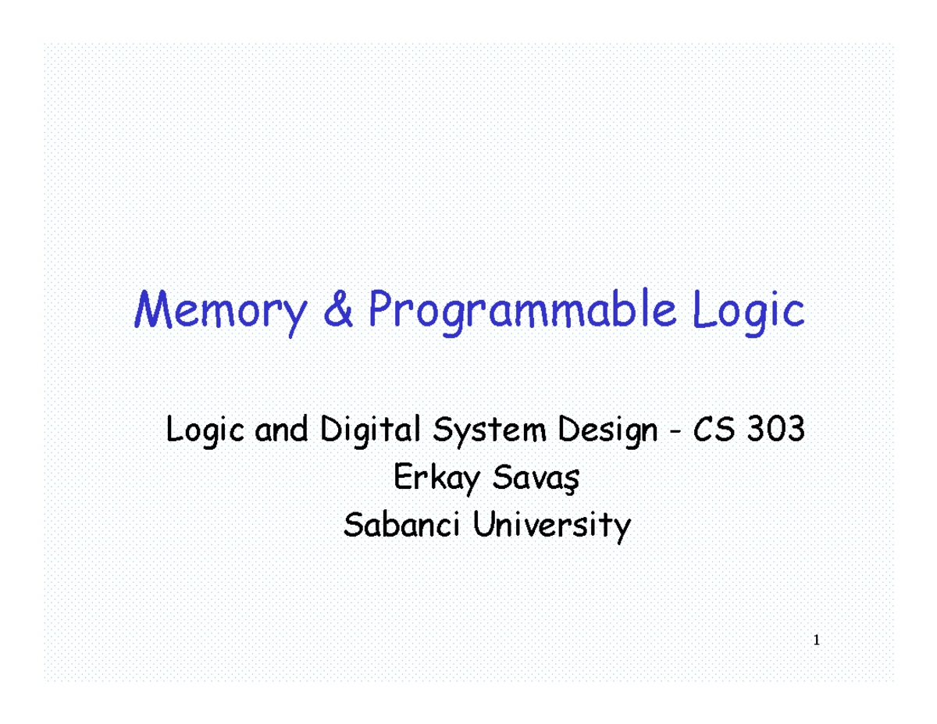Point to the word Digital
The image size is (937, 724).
[371, 432]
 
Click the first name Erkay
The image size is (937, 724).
[433, 480]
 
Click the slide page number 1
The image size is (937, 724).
[816, 641]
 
